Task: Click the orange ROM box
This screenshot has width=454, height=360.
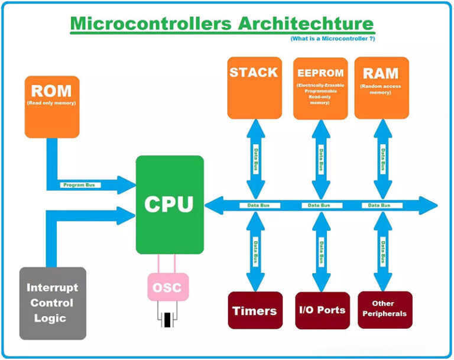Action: pyautogui.click(x=52, y=106)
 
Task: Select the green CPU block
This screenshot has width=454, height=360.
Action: pyautogui.click(x=170, y=205)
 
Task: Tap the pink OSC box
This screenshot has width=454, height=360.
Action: pyautogui.click(x=168, y=288)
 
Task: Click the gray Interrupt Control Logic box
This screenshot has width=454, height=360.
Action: pyautogui.click(x=53, y=303)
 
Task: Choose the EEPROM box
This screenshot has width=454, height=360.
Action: pyautogui.click(x=320, y=87)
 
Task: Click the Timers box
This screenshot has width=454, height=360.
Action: pyautogui.click(x=254, y=311)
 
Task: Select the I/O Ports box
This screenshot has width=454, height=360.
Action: pyautogui.click(x=321, y=310)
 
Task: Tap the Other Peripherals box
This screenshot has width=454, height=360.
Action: pyautogui.click(x=383, y=309)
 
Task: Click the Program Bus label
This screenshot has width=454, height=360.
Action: pyautogui.click(x=82, y=185)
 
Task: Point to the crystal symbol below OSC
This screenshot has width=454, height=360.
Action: pyautogui.click(x=168, y=319)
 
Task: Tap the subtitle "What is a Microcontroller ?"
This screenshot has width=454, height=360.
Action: pyautogui.click(x=332, y=38)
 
